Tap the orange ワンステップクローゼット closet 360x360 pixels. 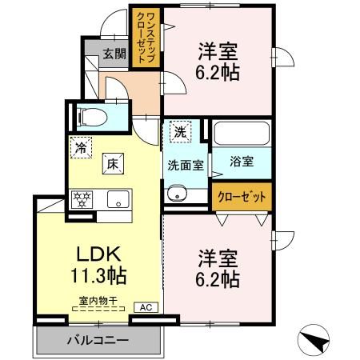coord(147,38)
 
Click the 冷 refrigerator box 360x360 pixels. coord(80,146)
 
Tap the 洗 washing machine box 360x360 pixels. coord(178,132)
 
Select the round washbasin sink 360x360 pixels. coord(176,193)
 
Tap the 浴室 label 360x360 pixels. coord(242,162)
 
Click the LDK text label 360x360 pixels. coord(98,254)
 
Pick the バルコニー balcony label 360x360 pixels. coord(96,339)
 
